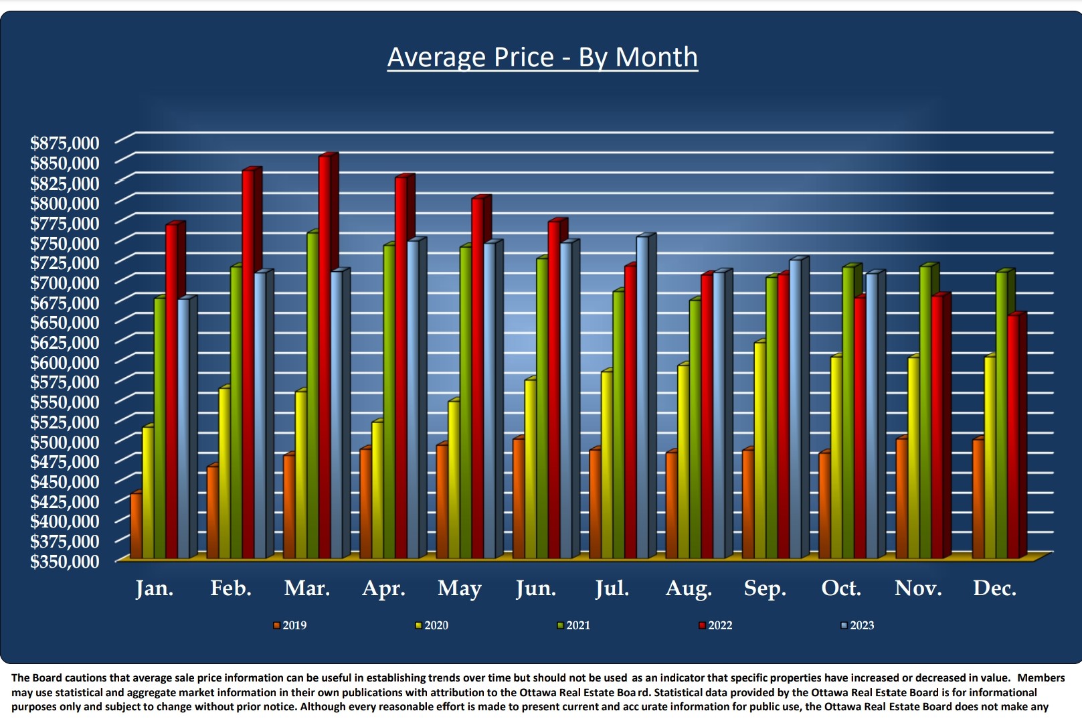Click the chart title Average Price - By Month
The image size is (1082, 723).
[542, 58]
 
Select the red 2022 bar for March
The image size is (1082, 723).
[325, 355]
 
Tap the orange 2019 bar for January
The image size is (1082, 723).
[136, 526]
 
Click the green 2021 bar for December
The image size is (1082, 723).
[1002, 415]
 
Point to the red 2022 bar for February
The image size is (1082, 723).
[248, 365]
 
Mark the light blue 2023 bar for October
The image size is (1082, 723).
[871, 415]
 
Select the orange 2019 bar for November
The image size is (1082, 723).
[902, 499]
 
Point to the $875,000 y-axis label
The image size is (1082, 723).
[64, 143]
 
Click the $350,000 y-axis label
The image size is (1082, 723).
[64, 561]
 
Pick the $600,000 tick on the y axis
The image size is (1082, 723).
[64, 362]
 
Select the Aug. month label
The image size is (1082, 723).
[689, 588]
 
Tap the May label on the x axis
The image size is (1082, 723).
[459, 588]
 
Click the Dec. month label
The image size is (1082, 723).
[994, 588]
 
